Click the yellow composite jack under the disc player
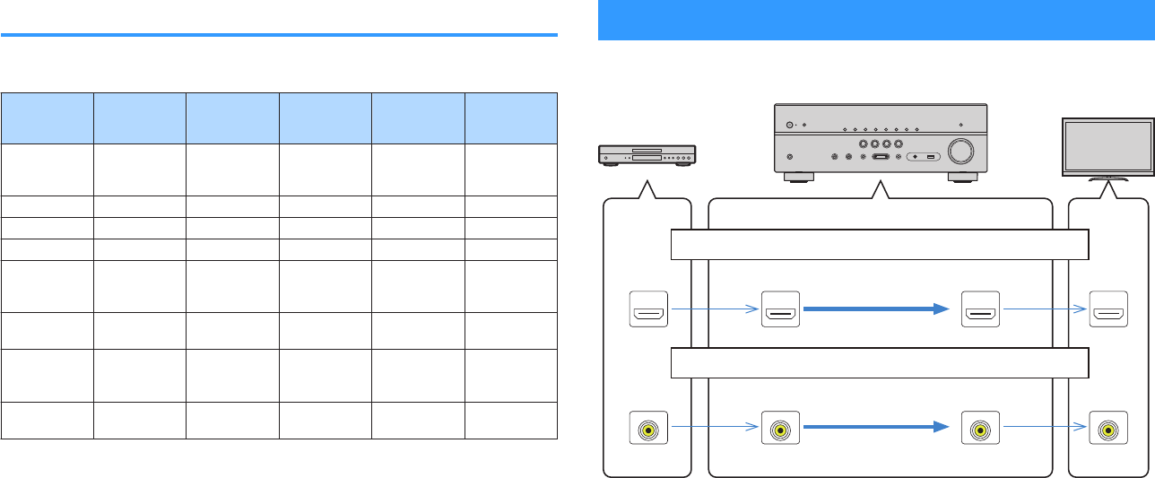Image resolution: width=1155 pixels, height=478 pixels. pos(647,430)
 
